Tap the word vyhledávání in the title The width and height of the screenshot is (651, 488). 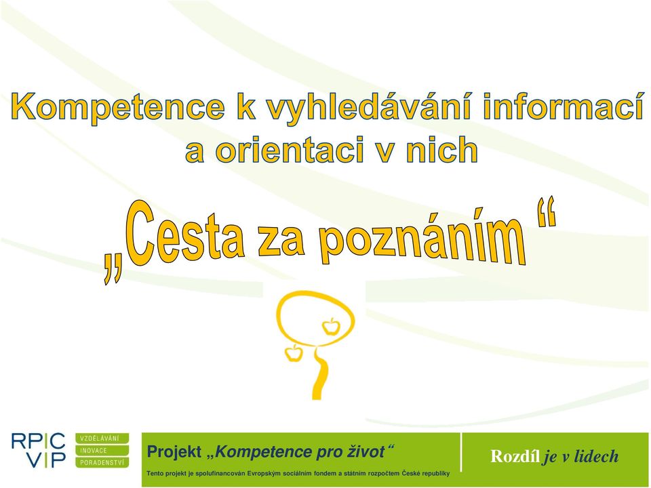[x=369, y=107]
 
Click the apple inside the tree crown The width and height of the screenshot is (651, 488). [x=331, y=327]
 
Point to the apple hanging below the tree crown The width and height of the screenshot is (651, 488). [x=293, y=352]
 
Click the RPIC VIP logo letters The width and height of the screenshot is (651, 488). [x=38, y=450]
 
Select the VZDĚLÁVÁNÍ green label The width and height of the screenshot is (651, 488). [x=102, y=439]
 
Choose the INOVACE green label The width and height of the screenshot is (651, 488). [x=102, y=450]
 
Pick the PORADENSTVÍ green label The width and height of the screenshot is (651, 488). [x=102, y=462]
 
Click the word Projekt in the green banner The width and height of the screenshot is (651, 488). [x=174, y=452]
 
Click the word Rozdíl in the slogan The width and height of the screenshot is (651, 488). [x=515, y=455]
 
